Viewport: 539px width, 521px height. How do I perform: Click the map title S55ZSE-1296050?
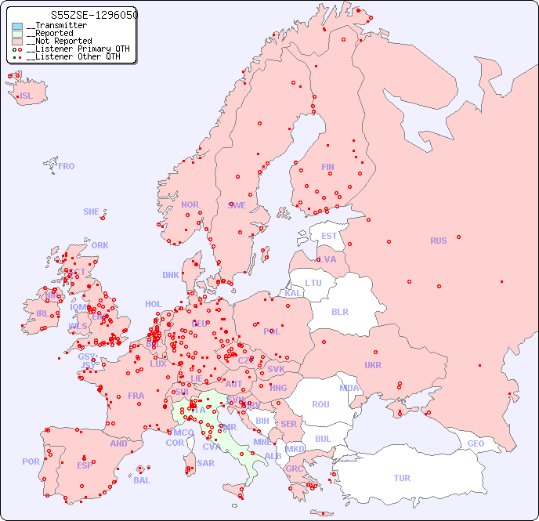pyautogui.click(x=82, y=15)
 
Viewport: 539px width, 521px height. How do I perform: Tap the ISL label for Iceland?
pyautogui.click(x=27, y=96)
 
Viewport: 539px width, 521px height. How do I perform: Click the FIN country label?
pyautogui.click(x=327, y=167)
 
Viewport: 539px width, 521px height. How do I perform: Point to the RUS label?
pyautogui.click(x=438, y=241)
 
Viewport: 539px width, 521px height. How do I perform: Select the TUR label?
pyautogui.click(x=402, y=478)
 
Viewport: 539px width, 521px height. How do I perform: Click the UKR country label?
pyautogui.click(x=373, y=365)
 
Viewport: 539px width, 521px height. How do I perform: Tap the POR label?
pyautogui.click(x=31, y=461)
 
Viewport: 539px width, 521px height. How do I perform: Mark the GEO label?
pyautogui.click(x=476, y=443)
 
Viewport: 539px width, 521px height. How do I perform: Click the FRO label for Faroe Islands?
pyautogui.click(x=67, y=166)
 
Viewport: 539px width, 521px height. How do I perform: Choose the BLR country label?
pyautogui.click(x=339, y=311)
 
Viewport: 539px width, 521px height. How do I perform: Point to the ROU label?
pyautogui.click(x=320, y=404)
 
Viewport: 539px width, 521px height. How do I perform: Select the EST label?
pyautogui.click(x=329, y=236)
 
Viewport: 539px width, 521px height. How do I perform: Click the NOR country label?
pyautogui.click(x=190, y=204)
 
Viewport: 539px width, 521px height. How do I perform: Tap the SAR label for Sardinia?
pyautogui.click(x=205, y=463)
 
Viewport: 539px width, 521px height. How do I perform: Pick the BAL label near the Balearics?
pyautogui.click(x=142, y=480)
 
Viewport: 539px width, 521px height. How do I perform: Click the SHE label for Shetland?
pyautogui.click(x=92, y=212)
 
